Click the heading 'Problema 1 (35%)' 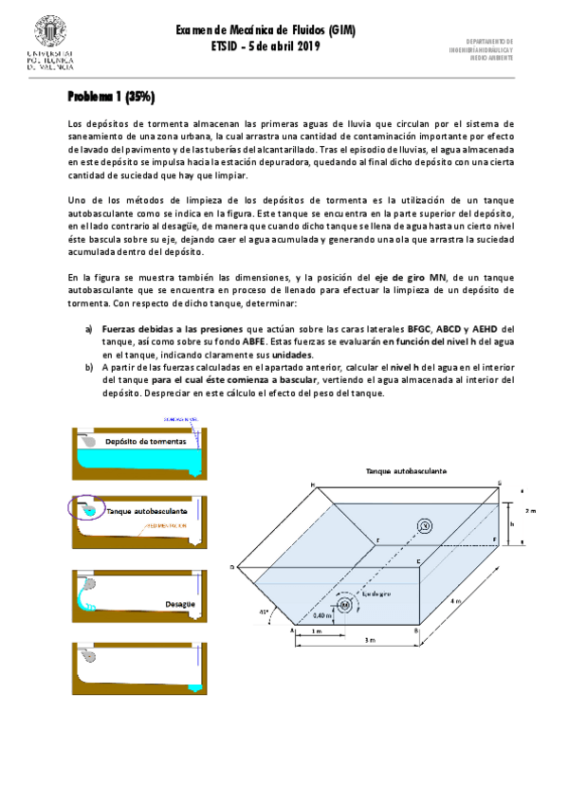(x=110, y=97)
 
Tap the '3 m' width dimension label (x=357, y=643)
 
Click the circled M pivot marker (x=343, y=604)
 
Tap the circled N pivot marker (x=425, y=527)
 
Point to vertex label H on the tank (x=312, y=484)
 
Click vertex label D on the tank (x=231, y=568)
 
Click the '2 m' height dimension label (x=530, y=508)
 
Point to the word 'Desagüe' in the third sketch (x=179, y=602)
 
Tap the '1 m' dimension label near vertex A (x=317, y=630)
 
